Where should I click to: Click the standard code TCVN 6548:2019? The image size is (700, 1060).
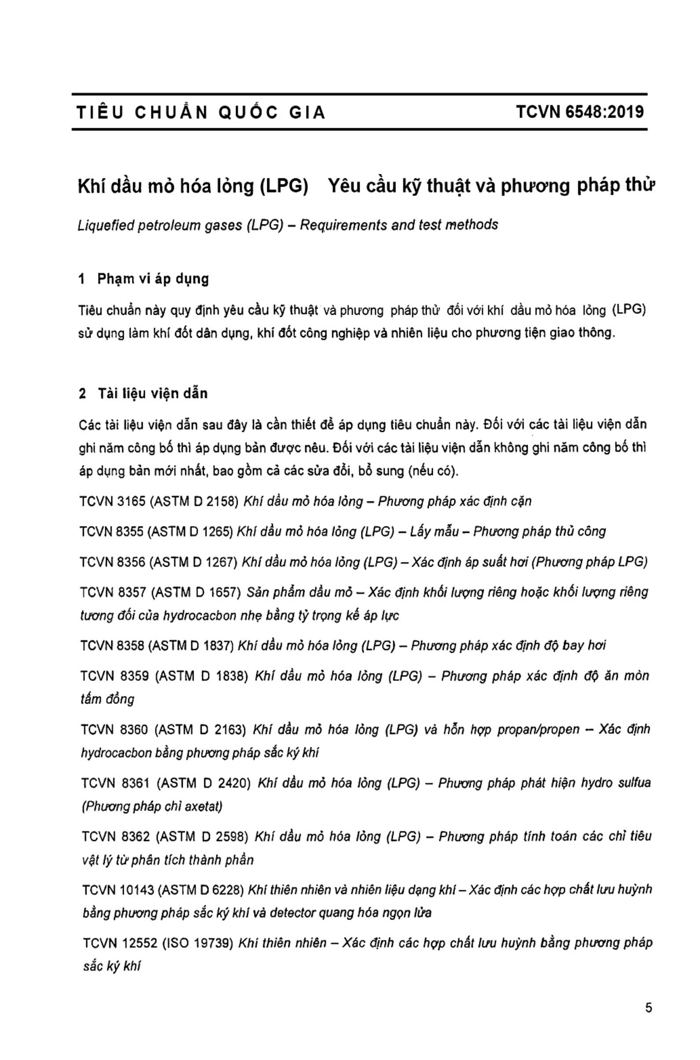[580, 111]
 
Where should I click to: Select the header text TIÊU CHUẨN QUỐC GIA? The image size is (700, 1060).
[201, 113]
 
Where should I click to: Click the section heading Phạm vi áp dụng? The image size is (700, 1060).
[153, 279]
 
